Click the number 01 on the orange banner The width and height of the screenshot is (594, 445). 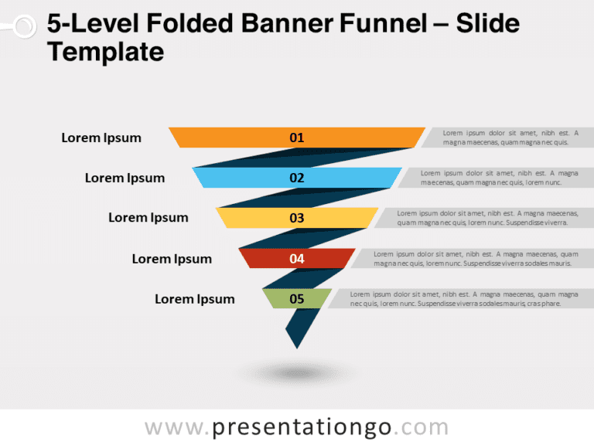coord(297,138)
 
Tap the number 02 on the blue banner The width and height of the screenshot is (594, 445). coord(297,178)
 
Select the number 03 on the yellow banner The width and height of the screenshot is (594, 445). coord(297,218)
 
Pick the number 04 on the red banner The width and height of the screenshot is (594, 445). coord(297,259)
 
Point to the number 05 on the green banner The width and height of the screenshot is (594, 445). coord(297,299)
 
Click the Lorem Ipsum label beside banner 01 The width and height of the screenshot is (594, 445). coord(101,138)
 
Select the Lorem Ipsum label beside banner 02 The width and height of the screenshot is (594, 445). coord(125,178)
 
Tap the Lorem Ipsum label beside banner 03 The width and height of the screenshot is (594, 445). coord(148,218)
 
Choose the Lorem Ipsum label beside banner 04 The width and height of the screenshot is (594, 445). coord(172,259)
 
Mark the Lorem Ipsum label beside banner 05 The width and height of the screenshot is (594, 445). coord(195,299)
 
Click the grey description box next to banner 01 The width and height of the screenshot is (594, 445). coord(506,138)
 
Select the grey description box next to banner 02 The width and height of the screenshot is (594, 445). coord(495,178)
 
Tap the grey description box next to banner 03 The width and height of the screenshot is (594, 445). coord(483,218)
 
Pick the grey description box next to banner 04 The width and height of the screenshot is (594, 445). coord(472,259)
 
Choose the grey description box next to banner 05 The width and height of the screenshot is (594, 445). coord(460,299)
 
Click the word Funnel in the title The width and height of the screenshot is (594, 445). coord(384,24)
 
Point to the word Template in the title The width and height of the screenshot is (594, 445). coord(105,52)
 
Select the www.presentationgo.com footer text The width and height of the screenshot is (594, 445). coord(297,427)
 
